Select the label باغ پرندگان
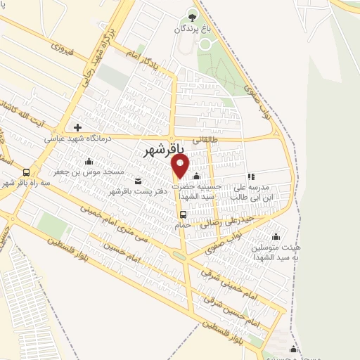[x=194, y=30]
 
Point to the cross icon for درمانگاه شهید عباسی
[x=78, y=128]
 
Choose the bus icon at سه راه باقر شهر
[x=27, y=172]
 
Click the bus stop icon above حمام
[x=183, y=214]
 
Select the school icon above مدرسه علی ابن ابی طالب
[x=251, y=177]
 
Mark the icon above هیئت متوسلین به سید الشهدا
[x=275, y=236]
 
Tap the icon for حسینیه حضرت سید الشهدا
[x=196, y=176]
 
